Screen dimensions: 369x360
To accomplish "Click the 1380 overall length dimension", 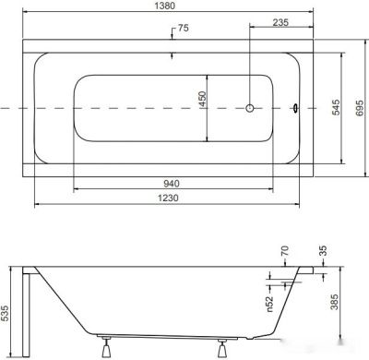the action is coord(167,6).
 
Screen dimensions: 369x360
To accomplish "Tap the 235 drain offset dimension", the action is coord(280,22).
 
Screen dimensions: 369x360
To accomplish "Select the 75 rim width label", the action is coord(183,28).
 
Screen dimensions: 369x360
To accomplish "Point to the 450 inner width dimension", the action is coord(202,99).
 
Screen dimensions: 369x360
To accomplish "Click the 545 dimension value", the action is coord(337,107).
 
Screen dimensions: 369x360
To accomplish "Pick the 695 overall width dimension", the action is coord(360,108).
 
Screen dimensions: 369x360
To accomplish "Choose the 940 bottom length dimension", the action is coord(172,184).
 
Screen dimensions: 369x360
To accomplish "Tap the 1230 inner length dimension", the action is coord(168,198).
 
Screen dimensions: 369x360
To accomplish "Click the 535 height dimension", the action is coord(6,313).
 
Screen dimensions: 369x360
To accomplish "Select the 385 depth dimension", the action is coord(334,302).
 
